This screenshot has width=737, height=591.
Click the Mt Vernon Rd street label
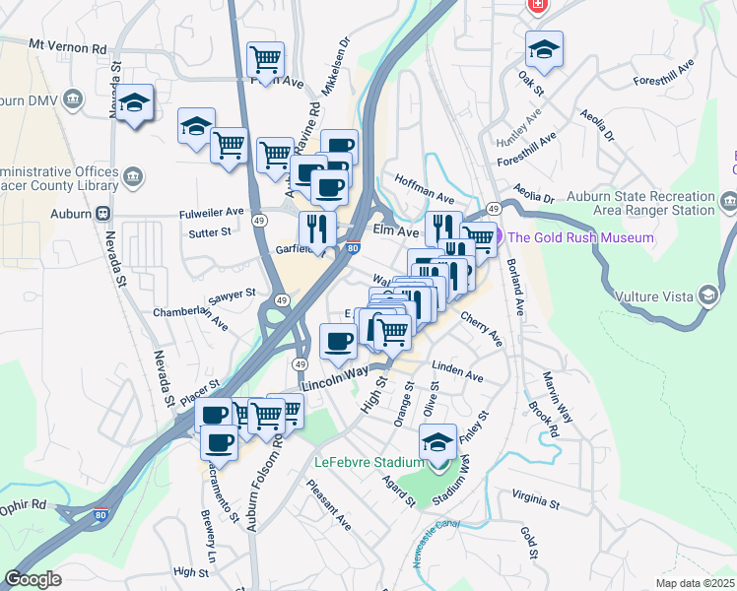pos(68,46)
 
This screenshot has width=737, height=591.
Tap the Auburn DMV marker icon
pos(73,99)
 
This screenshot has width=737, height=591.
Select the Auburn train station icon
pos(101,213)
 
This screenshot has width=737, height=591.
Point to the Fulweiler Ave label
pos(211,212)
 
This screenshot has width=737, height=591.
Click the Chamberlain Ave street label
pos(190,319)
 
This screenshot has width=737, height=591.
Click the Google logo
pos(33,579)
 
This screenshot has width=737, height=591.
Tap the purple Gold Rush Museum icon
pos(498,237)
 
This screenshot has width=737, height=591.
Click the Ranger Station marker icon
pos(728,204)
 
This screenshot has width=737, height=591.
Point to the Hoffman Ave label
pos(424,183)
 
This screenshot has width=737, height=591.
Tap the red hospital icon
pos(537,6)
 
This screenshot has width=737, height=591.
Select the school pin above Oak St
pos(544,48)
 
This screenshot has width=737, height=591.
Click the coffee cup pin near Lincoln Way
pos(338,342)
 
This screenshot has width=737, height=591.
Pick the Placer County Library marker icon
pos(134,177)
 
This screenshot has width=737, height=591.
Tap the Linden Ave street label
pos(457,376)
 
